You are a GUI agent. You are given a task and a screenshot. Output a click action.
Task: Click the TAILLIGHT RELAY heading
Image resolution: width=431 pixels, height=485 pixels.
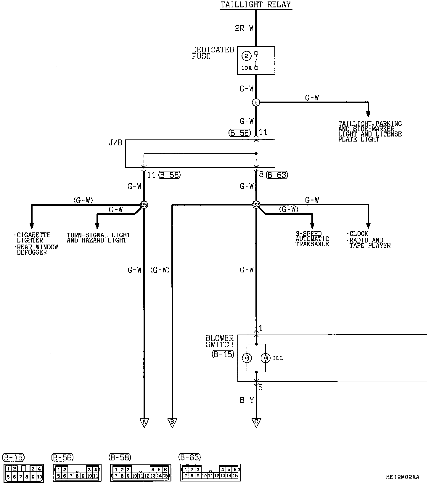coord(256,5)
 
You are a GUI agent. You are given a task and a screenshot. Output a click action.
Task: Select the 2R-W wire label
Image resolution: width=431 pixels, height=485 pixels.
coord(245,28)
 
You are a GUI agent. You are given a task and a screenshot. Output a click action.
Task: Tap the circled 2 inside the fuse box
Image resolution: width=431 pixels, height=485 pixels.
coord(247,56)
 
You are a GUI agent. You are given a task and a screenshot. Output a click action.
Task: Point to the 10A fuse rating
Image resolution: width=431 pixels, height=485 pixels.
coord(246,68)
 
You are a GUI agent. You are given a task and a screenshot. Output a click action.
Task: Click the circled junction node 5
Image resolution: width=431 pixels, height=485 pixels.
coord(256,102)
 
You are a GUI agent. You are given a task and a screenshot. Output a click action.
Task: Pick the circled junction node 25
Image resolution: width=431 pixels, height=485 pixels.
coord(144,205)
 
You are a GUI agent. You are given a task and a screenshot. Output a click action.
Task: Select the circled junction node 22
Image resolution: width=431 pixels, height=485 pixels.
coord(256,205)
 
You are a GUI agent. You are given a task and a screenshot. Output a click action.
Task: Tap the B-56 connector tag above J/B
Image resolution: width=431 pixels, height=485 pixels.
coord(240,133)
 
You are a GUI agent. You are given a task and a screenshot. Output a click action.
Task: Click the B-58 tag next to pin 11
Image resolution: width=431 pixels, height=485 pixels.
coord(170,175)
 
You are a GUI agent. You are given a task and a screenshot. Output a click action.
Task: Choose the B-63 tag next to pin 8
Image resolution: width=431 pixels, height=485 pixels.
coord(277,175)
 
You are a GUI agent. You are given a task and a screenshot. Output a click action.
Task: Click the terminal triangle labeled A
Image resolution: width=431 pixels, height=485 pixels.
coord(144,423)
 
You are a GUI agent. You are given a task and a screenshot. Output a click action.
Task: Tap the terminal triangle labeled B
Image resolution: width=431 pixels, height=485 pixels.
coord(172,423)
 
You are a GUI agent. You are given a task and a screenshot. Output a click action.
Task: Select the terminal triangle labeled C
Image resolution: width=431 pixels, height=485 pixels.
coord(256,423)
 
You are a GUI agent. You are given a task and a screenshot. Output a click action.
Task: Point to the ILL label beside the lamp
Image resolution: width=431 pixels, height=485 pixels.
coord(278,358)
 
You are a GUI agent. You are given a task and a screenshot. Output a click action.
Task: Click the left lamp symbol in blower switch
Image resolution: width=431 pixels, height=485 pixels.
coord(247,358)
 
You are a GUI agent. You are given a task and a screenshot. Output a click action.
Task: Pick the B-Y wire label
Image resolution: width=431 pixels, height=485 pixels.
coord(247,400)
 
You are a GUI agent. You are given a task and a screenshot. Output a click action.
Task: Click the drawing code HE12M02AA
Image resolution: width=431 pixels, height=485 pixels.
coord(403,477)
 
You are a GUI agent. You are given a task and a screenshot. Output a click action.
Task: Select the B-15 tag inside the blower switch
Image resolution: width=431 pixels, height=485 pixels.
coord(223,354)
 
